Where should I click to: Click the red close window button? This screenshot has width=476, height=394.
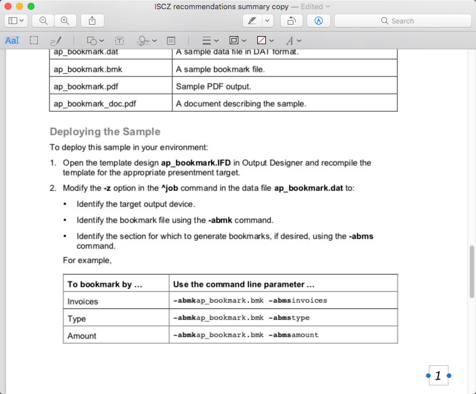8,6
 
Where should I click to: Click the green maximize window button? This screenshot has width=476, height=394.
31,6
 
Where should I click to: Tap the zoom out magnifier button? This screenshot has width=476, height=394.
43,21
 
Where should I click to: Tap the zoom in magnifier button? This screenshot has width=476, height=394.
65,21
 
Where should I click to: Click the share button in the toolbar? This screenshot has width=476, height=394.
92,21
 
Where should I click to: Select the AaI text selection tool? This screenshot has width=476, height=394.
12,41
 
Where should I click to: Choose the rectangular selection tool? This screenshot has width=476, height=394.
34,41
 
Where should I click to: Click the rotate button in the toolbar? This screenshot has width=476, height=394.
291,21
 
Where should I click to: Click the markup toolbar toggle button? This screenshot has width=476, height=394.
319,21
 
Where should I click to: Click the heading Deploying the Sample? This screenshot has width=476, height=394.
105,132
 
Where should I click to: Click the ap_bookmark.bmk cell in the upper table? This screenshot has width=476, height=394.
88,69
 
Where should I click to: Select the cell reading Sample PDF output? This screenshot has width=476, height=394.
214,87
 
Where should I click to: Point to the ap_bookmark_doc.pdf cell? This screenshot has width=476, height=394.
95,104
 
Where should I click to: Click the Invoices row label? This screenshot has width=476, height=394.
83,301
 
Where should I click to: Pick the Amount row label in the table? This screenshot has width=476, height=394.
82,336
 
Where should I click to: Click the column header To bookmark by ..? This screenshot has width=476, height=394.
105,284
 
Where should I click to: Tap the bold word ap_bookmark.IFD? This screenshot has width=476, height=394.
196,163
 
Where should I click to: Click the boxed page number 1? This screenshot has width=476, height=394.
438,376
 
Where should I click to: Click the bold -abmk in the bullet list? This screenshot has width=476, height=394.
220,220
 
